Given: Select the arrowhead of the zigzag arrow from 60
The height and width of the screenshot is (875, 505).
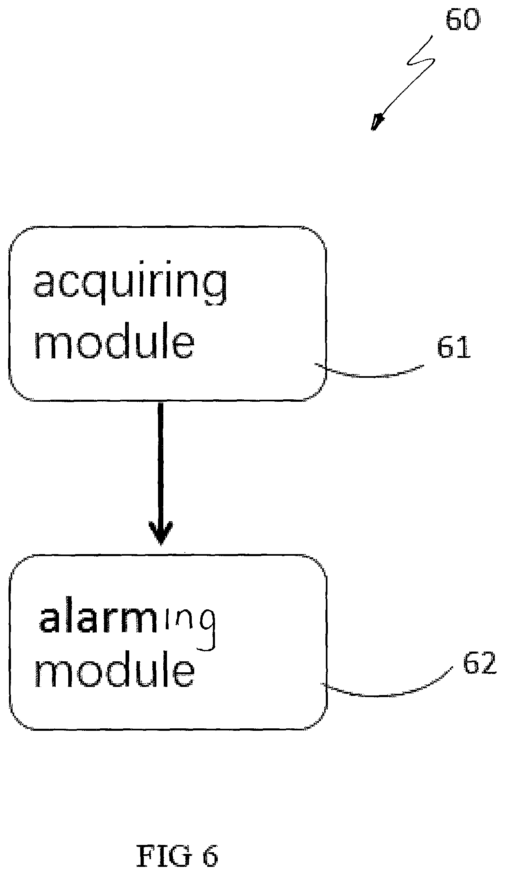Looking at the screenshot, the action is (x=377, y=122).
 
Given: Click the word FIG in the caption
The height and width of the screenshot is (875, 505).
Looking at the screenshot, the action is (x=163, y=855).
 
